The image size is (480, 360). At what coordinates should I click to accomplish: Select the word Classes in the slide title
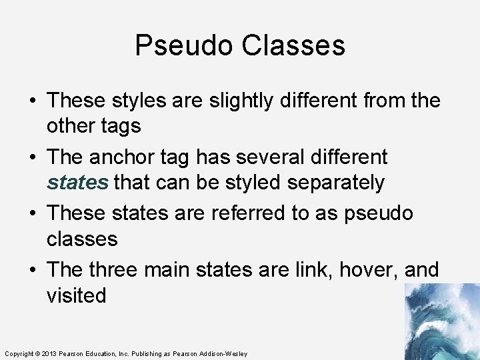293,46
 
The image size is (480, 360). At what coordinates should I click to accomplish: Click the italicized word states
77,183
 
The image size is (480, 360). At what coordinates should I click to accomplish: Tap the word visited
76,295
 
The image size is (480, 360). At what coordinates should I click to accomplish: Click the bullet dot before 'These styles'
32,101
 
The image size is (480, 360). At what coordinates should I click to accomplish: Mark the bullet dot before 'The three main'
32,271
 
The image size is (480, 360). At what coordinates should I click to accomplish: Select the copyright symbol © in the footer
37,353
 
